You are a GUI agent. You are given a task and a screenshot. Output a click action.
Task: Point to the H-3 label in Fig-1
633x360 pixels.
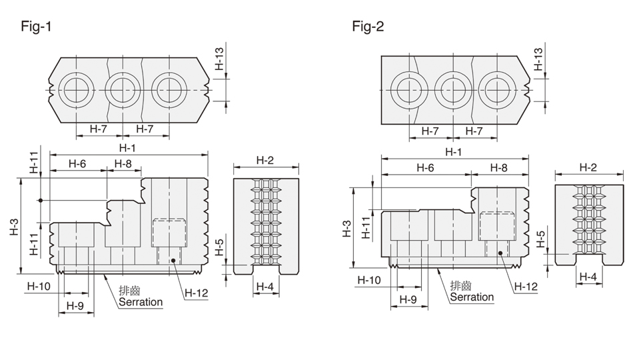tap(14, 227)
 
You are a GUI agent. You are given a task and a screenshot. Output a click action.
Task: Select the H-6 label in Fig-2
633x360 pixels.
tap(425, 167)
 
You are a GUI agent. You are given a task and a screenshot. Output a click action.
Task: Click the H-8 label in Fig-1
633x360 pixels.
tap(123, 163)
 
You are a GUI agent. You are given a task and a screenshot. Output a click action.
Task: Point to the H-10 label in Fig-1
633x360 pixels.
tap(39, 286)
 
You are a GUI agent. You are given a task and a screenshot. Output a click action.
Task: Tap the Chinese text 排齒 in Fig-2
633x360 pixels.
tap(461, 285)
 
